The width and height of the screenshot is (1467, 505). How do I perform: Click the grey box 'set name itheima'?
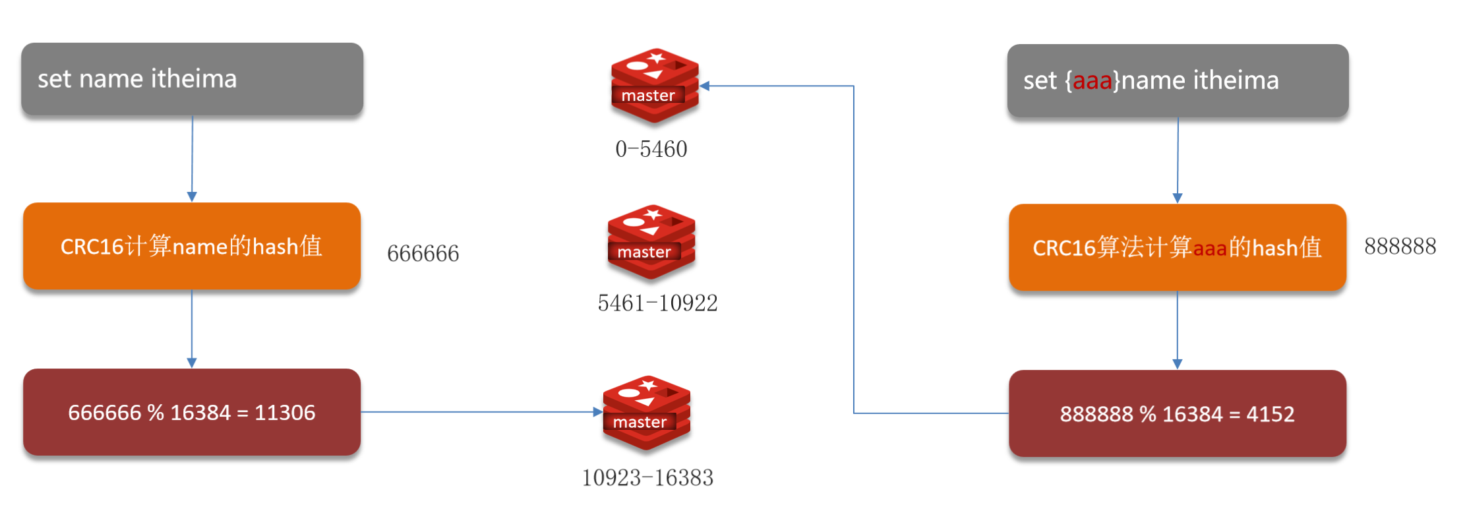pyautogui.click(x=192, y=79)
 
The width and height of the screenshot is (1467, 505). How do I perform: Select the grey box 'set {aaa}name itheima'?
pyautogui.click(x=1178, y=80)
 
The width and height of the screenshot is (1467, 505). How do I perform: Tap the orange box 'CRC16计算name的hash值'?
pyautogui.click(x=192, y=246)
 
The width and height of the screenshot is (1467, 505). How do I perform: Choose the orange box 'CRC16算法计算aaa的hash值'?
pyautogui.click(x=1178, y=247)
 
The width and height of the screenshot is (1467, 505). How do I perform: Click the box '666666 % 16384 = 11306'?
pyautogui.click(x=192, y=413)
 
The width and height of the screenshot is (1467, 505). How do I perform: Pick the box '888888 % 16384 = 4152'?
pyautogui.click(x=1178, y=414)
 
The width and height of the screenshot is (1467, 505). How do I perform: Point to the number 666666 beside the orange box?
pyautogui.click(x=423, y=253)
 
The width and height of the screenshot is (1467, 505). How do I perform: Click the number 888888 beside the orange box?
pyautogui.click(x=1400, y=247)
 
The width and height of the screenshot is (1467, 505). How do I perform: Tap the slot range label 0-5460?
pyautogui.click(x=651, y=149)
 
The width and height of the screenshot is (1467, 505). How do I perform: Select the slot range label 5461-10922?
pyautogui.click(x=657, y=303)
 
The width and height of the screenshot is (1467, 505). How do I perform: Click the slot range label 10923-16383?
pyautogui.click(x=647, y=477)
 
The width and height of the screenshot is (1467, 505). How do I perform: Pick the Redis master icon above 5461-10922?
pyautogui.click(x=651, y=242)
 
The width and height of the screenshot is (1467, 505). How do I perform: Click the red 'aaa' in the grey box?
pyautogui.click(x=1093, y=81)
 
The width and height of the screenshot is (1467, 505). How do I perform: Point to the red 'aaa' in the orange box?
pyautogui.click(x=1210, y=249)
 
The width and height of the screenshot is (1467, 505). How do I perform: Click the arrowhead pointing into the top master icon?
pyautogui.click(x=705, y=86)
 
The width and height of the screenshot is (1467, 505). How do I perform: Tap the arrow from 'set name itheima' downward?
pyautogui.click(x=192, y=158)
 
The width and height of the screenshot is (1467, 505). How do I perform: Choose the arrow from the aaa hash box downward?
pyautogui.click(x=1178, y=330)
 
